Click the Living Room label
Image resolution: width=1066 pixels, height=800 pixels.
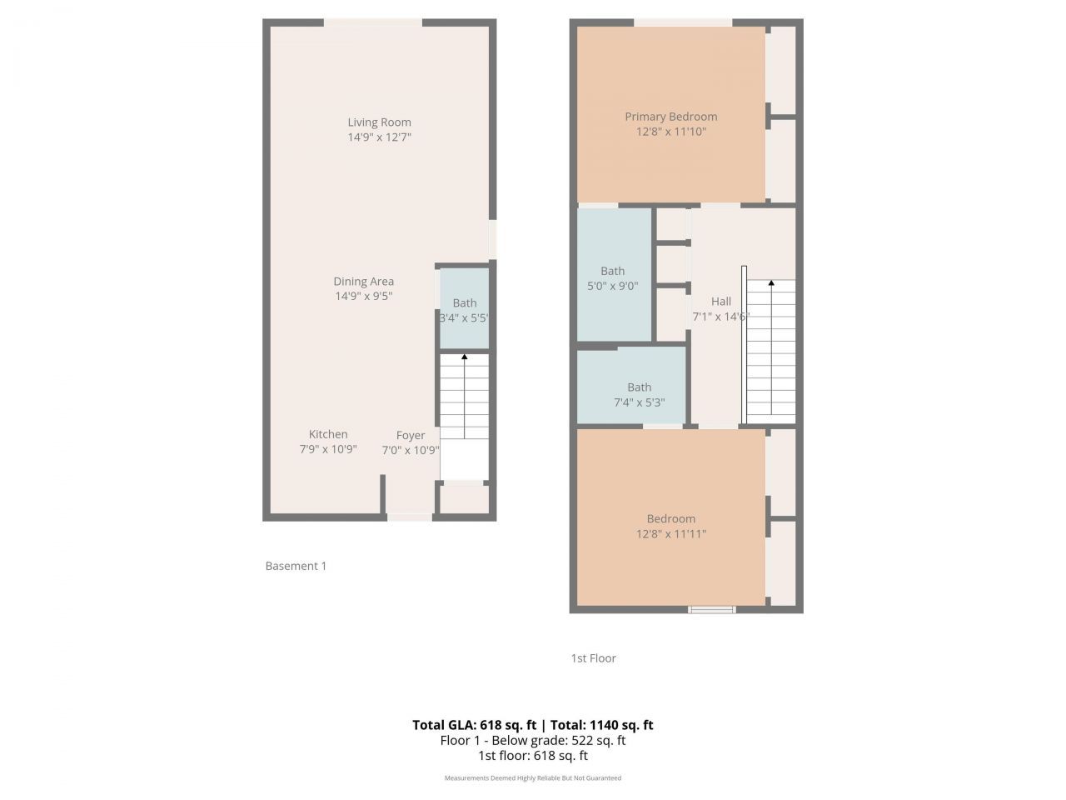click(x=379, y=122)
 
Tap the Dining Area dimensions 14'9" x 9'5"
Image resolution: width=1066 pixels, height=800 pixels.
click(x=363, y=296)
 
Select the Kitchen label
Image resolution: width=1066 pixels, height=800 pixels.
click(x=328, y=434)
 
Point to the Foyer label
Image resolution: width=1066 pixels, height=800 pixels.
click(x=411, y=435)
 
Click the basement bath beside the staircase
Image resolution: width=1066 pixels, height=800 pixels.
click(x=464, y=308)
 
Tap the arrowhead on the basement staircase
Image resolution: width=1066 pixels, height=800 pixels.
click(x=464, y=357)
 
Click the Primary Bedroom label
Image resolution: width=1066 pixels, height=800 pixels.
click(x=670, y=117)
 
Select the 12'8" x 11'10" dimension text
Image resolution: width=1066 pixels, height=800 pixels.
click(x=670, y=132)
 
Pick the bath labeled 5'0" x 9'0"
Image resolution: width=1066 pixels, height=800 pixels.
click(x=614, y=275)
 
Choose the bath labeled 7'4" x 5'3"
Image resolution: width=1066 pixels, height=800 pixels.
click(x=631, y=386)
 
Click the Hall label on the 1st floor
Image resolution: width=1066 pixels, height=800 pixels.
click(x=720, y=301)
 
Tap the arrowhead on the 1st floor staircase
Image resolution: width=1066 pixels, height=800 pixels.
click(x=771, y=282)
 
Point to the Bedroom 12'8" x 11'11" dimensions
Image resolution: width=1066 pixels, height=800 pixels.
click(x=670, y=534)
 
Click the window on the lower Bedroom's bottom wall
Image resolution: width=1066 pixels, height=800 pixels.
click(x=711, y=610)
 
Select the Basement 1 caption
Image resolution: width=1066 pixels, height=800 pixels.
click(x=296, y=566)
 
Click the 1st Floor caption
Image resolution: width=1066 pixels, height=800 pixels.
click(x=593, y=658)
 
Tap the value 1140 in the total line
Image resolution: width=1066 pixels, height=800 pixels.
click(x=603, y=725)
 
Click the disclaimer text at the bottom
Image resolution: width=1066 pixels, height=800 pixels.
click(x=533, y=778)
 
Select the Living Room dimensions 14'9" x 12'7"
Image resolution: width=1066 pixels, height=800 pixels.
click(x=379, y=137)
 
